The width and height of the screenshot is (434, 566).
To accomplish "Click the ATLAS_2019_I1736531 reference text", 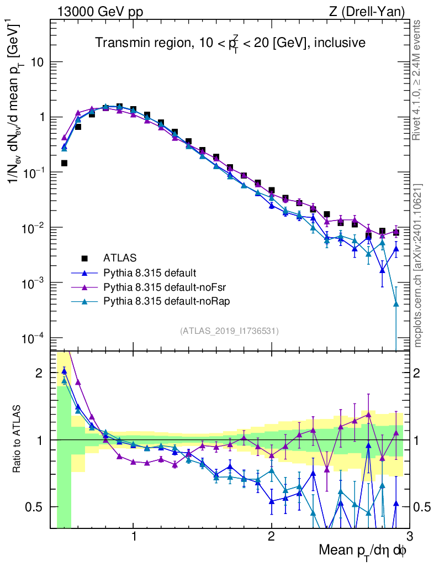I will (x=229, y=331).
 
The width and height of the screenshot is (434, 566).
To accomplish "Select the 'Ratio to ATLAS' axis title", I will (x=18, y=439).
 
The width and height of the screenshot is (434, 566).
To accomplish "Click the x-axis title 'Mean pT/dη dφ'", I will (x=362, y=551).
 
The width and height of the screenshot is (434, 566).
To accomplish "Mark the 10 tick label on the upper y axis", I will (x=37, y=62).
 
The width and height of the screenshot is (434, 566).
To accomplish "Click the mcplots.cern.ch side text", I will (x=418, y=265).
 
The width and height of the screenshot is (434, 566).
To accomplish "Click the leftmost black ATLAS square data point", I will (x=64, y=163).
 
